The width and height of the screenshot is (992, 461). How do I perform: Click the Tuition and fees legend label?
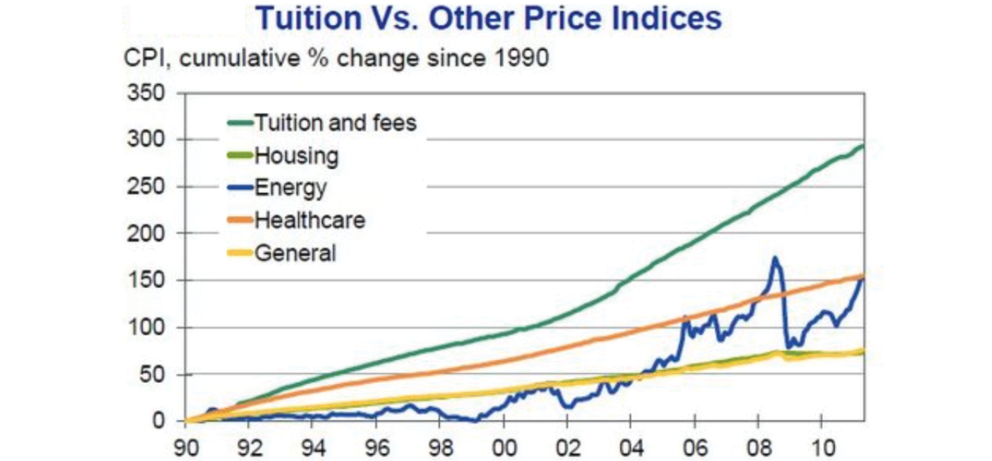[335, 122]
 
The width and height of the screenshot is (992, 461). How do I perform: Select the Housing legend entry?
[296, 156]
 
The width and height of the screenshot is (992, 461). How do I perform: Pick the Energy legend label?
[290, 188]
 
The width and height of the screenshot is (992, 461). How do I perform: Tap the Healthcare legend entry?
[309, 220]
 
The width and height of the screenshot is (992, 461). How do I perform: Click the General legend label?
[295, 253]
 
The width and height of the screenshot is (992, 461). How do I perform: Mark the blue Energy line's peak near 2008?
[775, 259]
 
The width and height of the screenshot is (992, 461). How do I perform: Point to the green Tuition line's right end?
[862, 146]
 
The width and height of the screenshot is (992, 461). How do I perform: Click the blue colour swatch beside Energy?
[239, 188]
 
